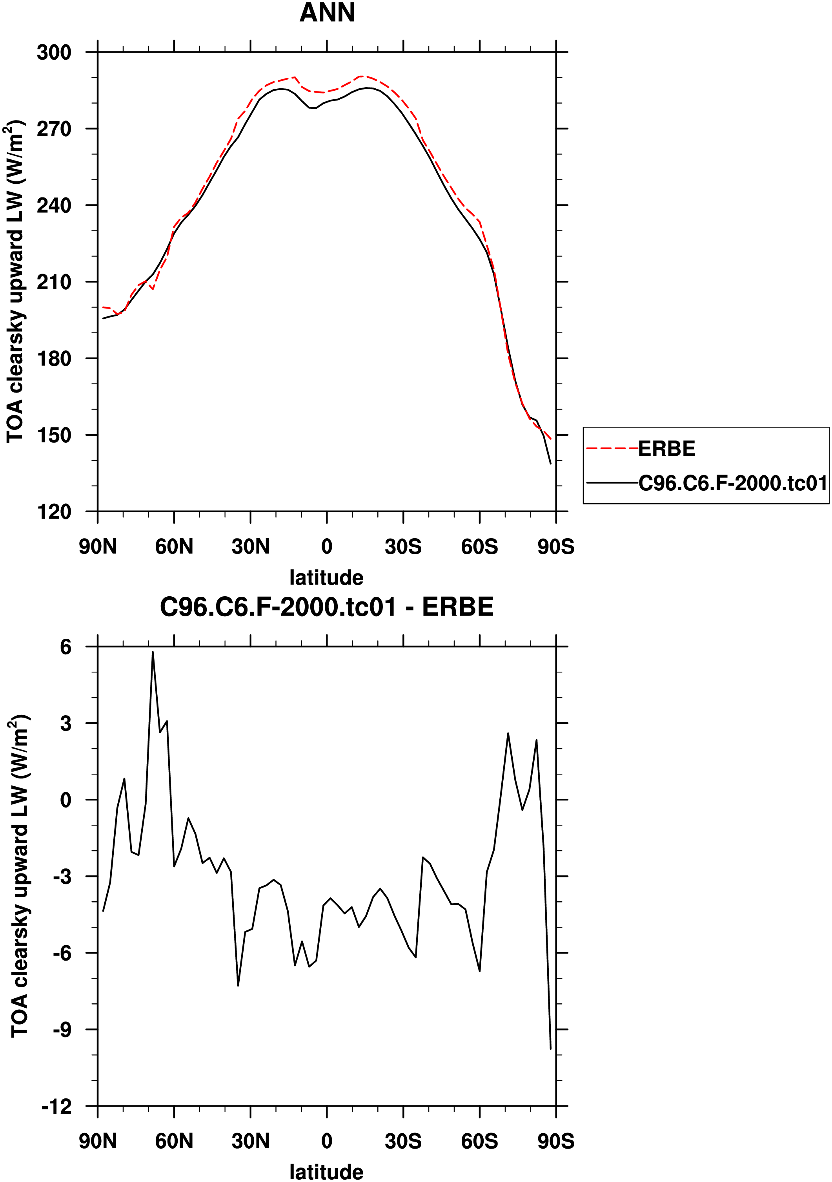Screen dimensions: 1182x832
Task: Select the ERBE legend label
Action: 666,449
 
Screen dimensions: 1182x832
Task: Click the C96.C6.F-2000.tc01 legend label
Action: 733,483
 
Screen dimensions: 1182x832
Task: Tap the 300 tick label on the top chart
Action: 54,53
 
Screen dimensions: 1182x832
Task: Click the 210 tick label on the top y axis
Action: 54,282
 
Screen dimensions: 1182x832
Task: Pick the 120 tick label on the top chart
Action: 54,512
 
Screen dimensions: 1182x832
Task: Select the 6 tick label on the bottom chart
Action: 66,647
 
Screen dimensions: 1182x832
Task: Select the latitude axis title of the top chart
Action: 326,577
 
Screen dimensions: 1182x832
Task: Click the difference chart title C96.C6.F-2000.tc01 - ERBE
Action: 326,607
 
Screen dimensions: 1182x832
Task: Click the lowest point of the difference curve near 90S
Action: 551,1049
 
